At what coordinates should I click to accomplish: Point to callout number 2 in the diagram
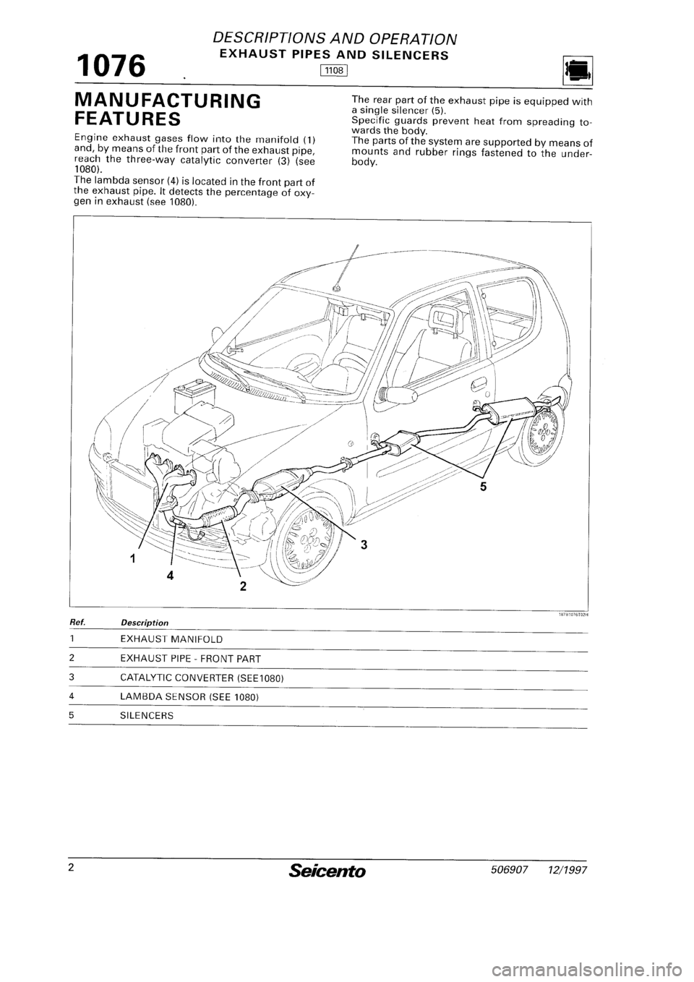click(x=244, y=586)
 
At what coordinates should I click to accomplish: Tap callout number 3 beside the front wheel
click(x=365, y=547)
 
